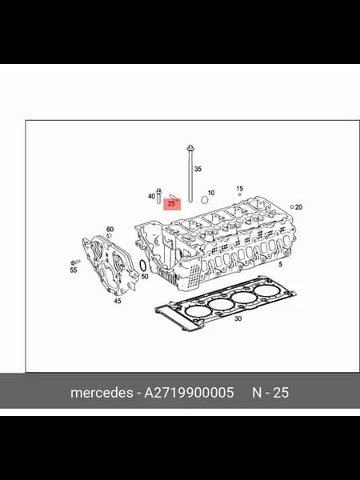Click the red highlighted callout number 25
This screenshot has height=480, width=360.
(x=171, y=203)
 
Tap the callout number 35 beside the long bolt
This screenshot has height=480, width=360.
(x=198, y=169)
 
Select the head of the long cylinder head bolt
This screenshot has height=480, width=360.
(x=190, y=148)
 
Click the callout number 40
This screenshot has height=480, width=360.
(x=151, y=196)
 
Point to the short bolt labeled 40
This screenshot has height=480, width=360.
(x=159, y=196)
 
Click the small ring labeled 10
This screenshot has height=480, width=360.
(x=205, y=200)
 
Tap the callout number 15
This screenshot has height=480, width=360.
(x=240, y=189)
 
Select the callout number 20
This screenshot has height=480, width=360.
(x=298, y=207)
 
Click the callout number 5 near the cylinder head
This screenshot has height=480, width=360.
(x=281, y=265)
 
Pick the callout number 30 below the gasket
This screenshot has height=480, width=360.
(x=238, y=318)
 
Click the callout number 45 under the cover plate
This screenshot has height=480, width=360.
(x=118, y=301)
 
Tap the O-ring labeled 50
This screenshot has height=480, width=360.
(x=142, y=266)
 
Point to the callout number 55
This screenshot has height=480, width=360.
(x=74, y=270)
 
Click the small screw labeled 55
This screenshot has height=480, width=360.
(x=75, y=262)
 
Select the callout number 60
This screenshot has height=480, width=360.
(x=110, y=229)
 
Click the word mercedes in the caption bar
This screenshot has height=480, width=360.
(x=102, y=393)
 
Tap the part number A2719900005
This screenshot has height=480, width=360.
(x=189, y=393)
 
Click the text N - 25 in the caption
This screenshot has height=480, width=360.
(x=270, y=393)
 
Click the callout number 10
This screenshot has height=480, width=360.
(x=211, y=193)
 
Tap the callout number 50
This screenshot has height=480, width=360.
(x=145, y=277)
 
